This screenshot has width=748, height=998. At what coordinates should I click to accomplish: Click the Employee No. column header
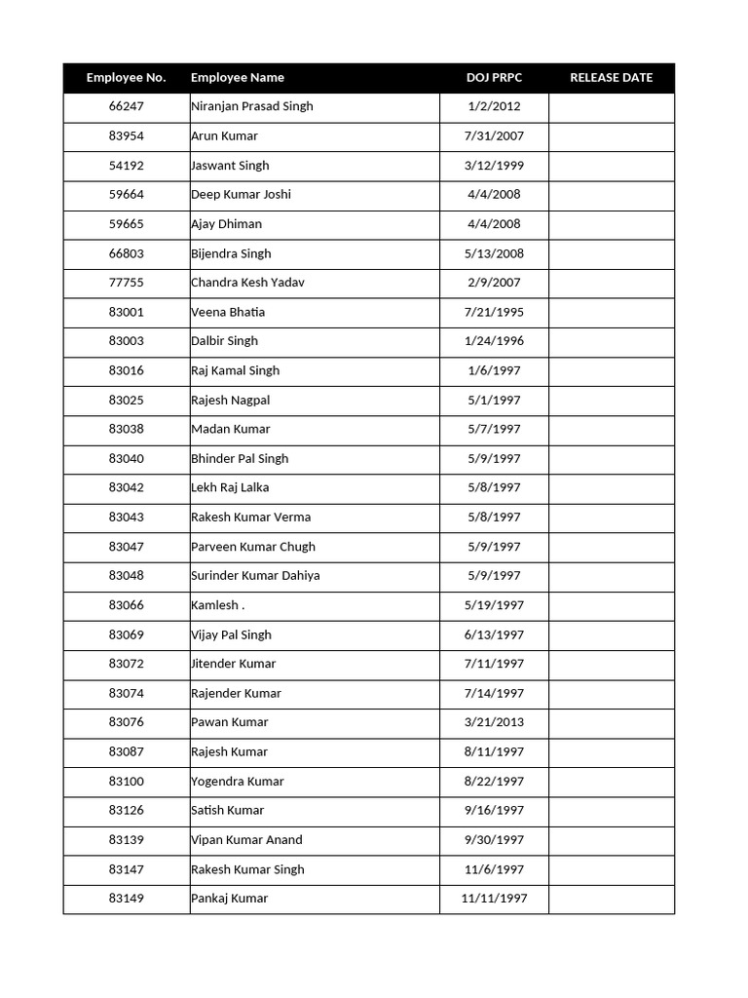point(126,78)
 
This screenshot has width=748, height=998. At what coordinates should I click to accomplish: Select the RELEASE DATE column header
point(611,78)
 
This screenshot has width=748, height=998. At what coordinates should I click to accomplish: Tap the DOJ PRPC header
point(494,78)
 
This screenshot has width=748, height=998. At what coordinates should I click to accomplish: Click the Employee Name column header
point(238,78)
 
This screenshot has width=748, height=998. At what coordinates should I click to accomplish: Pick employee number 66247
point(126,106)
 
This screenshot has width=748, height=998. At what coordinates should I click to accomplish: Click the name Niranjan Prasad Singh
point(252,106)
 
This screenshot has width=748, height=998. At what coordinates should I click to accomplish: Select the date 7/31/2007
point(494,135)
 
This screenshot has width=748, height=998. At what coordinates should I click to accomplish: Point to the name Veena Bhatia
point(228,312)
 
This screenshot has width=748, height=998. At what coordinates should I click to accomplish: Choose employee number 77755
point(126,283)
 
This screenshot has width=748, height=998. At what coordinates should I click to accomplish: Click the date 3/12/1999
point(494,166)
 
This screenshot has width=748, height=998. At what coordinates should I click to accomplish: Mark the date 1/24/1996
point(494,341)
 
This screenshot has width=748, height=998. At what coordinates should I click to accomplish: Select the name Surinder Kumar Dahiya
point(255,575)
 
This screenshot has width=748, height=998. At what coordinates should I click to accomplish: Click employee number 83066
point(126,605)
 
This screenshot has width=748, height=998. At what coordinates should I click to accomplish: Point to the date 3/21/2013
point(494,722)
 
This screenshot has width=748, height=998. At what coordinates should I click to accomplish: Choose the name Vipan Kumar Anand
point(246,839)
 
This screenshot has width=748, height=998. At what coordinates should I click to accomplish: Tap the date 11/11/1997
point(494,899)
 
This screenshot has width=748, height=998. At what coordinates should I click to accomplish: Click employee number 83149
point(126,899)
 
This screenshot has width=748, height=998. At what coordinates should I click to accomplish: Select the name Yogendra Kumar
point(238,781)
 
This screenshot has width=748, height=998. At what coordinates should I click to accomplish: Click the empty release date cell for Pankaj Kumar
point(611,899)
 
